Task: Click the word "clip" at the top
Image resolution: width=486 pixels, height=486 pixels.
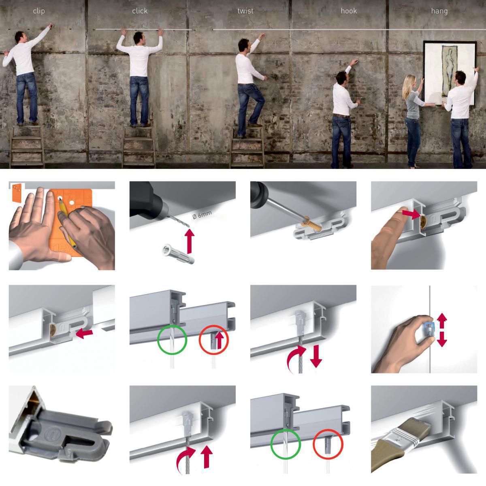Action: [x=39, y=11]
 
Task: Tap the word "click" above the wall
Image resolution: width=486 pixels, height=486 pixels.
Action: [x=140, y=11]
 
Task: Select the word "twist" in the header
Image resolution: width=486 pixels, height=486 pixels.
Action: [x=245, y=11]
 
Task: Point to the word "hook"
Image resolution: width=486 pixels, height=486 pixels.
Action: [x=349, y=11]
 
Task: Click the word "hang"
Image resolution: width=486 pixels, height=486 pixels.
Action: [x=439, y=11]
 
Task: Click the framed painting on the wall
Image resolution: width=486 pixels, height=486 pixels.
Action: [x=450, y=73]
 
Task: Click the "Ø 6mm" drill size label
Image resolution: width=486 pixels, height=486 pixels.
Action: [x=202, y=215]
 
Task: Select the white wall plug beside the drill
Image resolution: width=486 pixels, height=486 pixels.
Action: [x=178, y=253]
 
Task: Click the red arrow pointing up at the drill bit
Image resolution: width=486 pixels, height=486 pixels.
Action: [x=190, y=241]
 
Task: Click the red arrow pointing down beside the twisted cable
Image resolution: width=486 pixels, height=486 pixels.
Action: [x=316, y=356]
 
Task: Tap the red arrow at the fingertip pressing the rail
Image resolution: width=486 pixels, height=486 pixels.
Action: [x=411, y=214]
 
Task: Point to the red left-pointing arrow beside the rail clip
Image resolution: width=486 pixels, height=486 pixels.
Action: [x=84, y=334]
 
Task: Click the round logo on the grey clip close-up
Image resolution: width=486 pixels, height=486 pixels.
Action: [x=50, y=434]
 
